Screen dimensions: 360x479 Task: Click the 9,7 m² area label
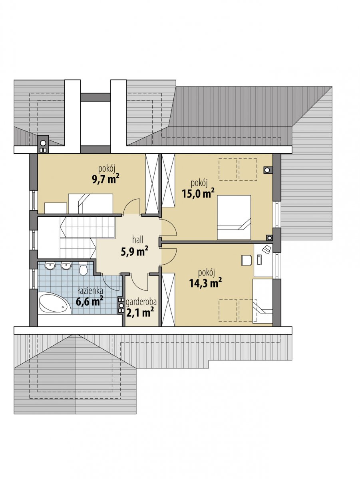pos(105,179)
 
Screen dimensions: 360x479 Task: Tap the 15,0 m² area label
pos(198,193)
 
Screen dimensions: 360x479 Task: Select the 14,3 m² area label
pos(205,283)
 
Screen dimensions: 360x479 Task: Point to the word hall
pos(138,239)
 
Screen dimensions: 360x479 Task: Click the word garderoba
pos(141,302)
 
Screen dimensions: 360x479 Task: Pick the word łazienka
pos(91,291)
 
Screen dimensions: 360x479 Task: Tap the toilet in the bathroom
pos(83,269)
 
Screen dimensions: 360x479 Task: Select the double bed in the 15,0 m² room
pos(234,217)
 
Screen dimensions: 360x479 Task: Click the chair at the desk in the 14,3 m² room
pos(247,260)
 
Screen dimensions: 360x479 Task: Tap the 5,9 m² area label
pos(135,251)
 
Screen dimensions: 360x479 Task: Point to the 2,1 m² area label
pos(140,312)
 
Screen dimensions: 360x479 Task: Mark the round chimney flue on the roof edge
pos(43,143)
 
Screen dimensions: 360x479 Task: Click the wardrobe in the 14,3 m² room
pos(168,300)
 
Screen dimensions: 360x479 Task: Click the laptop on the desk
pos(267,249)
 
